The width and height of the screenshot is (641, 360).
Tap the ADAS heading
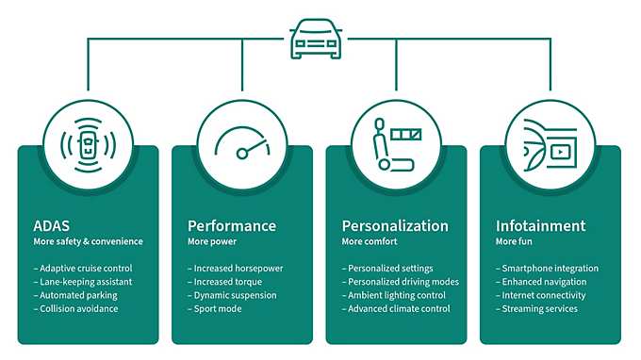52,226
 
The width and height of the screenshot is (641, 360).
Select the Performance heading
232,226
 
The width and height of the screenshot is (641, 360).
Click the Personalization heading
394,226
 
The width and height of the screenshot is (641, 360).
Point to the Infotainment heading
540,226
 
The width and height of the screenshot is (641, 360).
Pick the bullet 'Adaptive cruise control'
86,269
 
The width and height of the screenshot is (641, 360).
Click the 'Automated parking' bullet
75,295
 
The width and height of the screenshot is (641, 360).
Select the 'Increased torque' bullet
225,282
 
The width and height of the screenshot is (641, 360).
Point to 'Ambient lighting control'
396,295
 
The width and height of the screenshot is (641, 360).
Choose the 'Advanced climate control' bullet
398,308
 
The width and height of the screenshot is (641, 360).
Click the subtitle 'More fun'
515,242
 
